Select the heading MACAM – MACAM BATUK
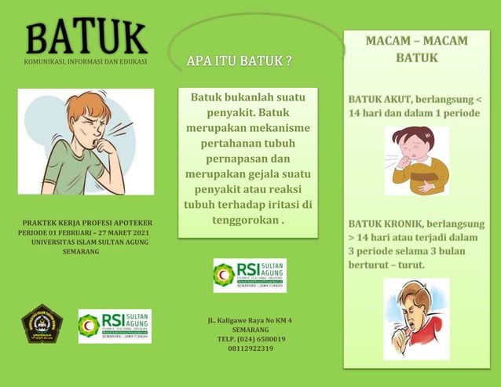coord(416,49)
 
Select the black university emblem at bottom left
coord(42,323)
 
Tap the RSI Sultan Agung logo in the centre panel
coord(250,275)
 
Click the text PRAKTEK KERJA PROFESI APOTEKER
coord(87,224)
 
